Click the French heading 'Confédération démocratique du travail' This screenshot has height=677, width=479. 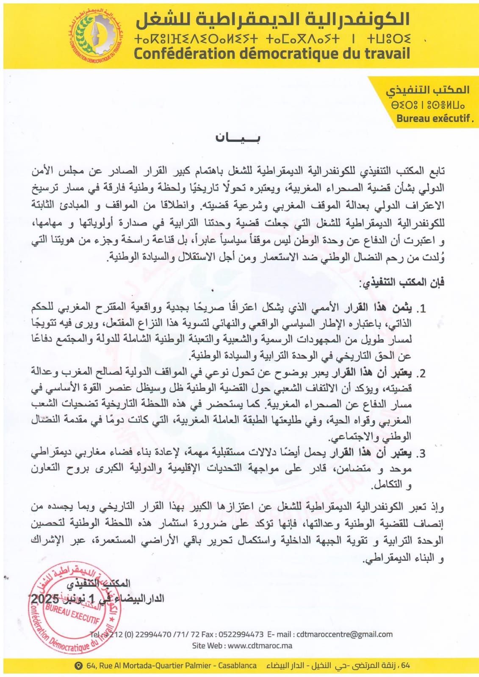tap(271, 54)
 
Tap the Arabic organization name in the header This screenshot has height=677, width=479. tap(271, 18)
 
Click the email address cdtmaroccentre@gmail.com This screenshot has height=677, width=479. tap(344, 634)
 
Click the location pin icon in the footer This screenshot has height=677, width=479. tap(78, 666)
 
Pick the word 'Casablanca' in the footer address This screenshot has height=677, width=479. tap(237, 666)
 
